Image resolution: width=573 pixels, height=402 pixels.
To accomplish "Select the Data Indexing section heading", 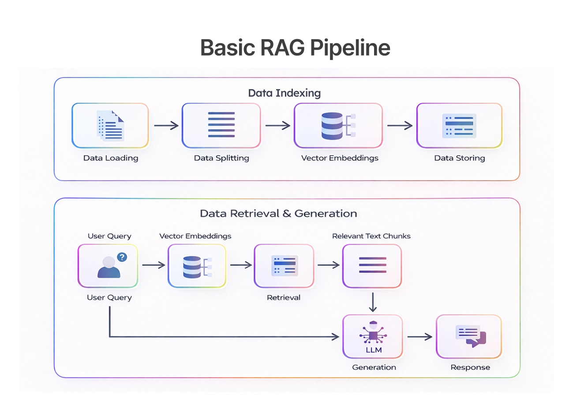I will point(284,93).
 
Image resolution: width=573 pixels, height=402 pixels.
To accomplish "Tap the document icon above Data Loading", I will point(110,126).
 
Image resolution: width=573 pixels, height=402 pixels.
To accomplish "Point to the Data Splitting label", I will point(221,158).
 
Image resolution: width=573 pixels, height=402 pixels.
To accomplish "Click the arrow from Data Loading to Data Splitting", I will point(166,126).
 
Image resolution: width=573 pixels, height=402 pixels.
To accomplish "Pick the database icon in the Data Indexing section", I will point(332,126).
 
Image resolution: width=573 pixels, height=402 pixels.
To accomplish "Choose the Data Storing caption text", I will point(459,158).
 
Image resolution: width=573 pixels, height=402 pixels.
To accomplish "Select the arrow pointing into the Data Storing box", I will point(400,126).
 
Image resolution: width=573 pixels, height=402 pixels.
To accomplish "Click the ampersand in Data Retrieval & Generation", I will point(286,214).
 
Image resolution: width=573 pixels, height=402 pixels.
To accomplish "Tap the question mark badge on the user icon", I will point(122,257).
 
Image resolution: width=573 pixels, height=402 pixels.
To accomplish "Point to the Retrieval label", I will point(284,298).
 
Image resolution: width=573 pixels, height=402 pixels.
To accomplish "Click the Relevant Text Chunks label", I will point(371,236).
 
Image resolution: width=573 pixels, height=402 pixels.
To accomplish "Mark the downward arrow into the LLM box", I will point(373,302).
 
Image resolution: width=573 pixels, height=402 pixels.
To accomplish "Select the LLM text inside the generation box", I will point(373,350).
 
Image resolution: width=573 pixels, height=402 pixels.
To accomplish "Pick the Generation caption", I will point(374,367).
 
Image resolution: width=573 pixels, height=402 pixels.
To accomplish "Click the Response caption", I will point(470,367).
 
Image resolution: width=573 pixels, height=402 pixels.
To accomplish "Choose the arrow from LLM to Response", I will point(419,337).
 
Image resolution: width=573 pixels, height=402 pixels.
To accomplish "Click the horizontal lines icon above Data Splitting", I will point(221,125).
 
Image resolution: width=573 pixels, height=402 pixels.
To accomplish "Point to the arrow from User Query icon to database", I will point(153,265).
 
